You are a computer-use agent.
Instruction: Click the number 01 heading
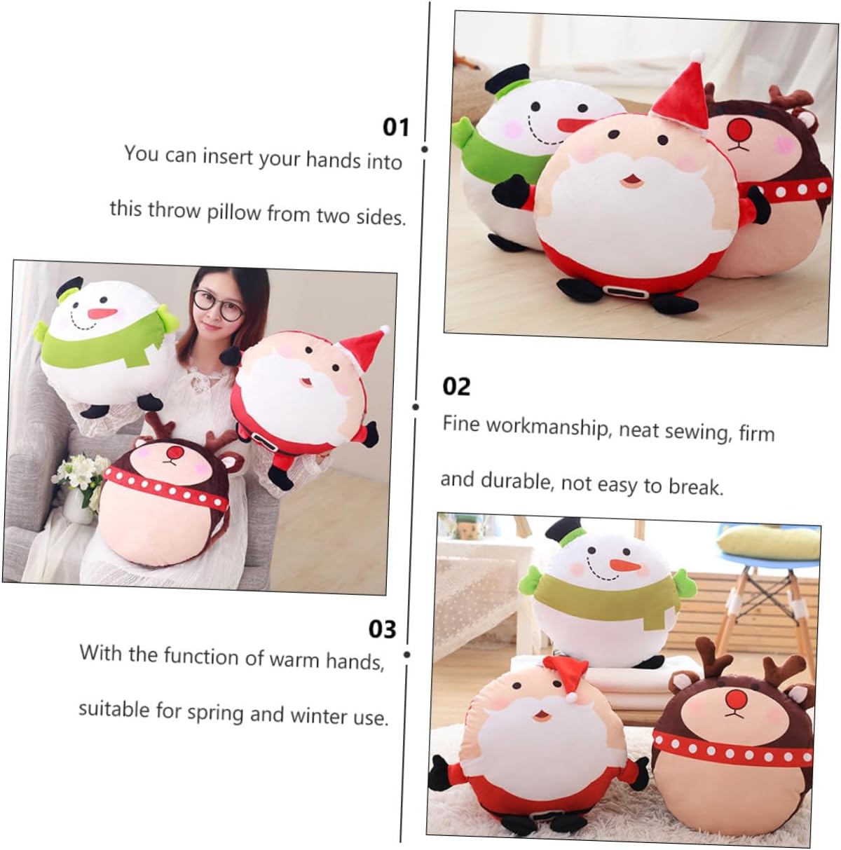395,127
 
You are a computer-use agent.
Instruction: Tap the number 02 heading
456,387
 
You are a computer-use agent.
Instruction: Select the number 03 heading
382,629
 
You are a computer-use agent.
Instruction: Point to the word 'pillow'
234,212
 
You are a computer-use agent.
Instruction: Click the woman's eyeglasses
217,306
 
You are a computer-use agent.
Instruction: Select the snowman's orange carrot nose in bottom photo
624,565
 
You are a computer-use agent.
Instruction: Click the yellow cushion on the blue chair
767,542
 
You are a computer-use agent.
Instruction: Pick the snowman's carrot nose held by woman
102,314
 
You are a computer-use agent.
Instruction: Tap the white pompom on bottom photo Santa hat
573,697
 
